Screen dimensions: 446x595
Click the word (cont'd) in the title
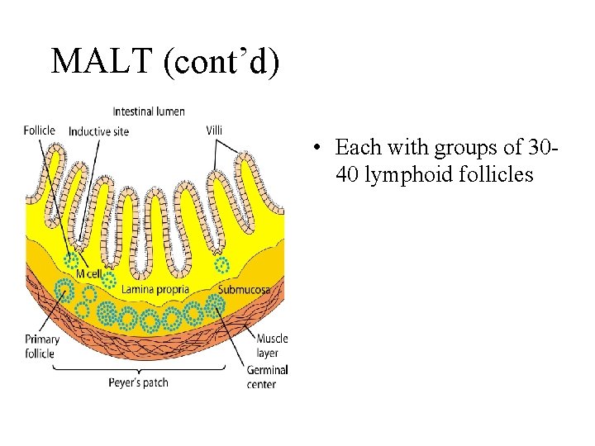click(221, 62)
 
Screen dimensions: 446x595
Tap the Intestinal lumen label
click(149, 111)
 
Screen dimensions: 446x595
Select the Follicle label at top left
click(40, 130)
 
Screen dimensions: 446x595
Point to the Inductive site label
click(98, 131)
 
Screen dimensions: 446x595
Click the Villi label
click(214, 130)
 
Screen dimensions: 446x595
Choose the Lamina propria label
click(155, 290)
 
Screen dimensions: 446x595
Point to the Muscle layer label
click(272, 345)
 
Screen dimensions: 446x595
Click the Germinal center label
click(267, 377)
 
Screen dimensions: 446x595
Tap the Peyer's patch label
click(138, 382)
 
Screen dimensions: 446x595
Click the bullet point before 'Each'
click(317, 149)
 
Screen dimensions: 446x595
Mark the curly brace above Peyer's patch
click(138, 368)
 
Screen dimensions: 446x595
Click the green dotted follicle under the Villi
click(221, 265)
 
